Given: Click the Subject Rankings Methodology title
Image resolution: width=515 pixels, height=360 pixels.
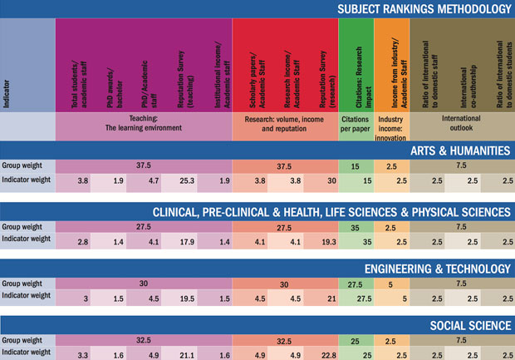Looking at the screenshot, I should (x=424, y=9).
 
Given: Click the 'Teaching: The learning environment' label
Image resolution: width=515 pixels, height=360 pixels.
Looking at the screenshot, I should (x=144, y=124).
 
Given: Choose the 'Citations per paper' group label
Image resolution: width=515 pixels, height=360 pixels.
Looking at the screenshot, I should (x=356, y=124).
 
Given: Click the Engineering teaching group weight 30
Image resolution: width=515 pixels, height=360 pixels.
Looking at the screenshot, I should (x=143, y=284).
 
